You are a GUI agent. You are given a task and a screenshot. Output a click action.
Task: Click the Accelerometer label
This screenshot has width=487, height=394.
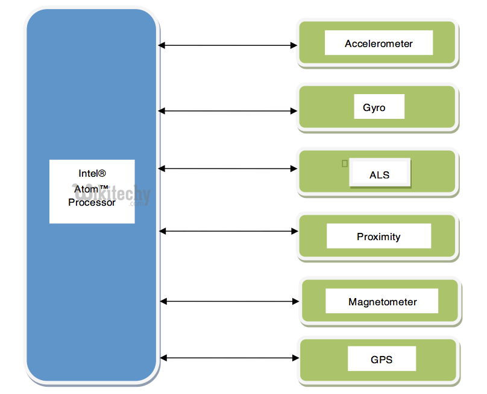tap(379, 43)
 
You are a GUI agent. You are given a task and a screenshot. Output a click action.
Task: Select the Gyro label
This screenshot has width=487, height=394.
tap(374, 108)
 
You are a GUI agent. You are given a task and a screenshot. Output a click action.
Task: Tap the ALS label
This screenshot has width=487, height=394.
tap(379, 175)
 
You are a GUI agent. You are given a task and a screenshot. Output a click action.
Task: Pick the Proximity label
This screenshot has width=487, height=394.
tap(378, 237)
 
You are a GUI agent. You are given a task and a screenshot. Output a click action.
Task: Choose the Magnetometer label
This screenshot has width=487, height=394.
tap(382, 302)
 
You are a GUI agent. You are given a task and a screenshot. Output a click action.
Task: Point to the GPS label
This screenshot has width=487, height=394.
tap(381, 360)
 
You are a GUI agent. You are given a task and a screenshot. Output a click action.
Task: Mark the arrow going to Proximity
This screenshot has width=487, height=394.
tap(229, 230)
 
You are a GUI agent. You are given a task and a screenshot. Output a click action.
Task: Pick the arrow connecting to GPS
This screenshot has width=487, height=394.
tap(229, 358)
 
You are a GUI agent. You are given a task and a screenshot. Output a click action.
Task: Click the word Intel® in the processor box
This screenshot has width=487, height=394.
tap(92, 173)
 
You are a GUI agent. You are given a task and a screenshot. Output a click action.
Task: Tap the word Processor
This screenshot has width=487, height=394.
tap(92, 203)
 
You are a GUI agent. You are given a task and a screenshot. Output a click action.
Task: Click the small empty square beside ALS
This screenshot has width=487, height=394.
tap(345, 163)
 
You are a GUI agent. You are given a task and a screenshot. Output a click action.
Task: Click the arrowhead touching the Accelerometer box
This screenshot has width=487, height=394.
tap(295, 45)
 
